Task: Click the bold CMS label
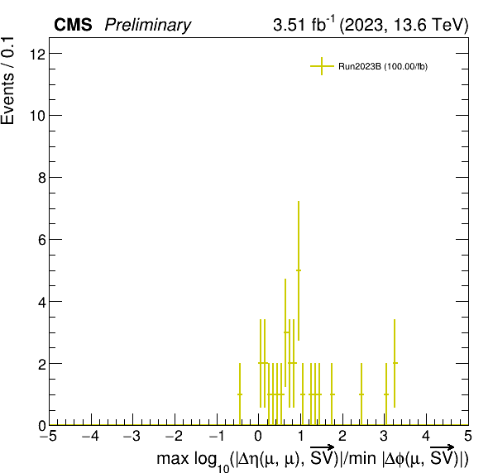point(73,25)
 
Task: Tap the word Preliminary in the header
point(148,25)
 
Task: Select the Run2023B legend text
point(383,67)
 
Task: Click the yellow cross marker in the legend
point(322,66)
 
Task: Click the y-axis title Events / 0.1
point(7,81)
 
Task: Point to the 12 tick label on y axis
point(37,54)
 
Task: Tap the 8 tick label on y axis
point(42,178)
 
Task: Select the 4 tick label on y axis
point(42,302)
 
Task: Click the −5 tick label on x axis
point(48,436)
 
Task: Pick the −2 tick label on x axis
point(175,436)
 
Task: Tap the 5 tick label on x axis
point(468,436)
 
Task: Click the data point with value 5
point(299,270)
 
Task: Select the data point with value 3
point(285,332)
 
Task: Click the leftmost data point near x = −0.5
point(240,394)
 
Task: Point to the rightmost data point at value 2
point(395,363)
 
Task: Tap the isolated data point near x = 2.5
point(361,394)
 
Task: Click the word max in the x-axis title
point(173,459)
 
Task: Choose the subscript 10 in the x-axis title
point(223,468)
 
